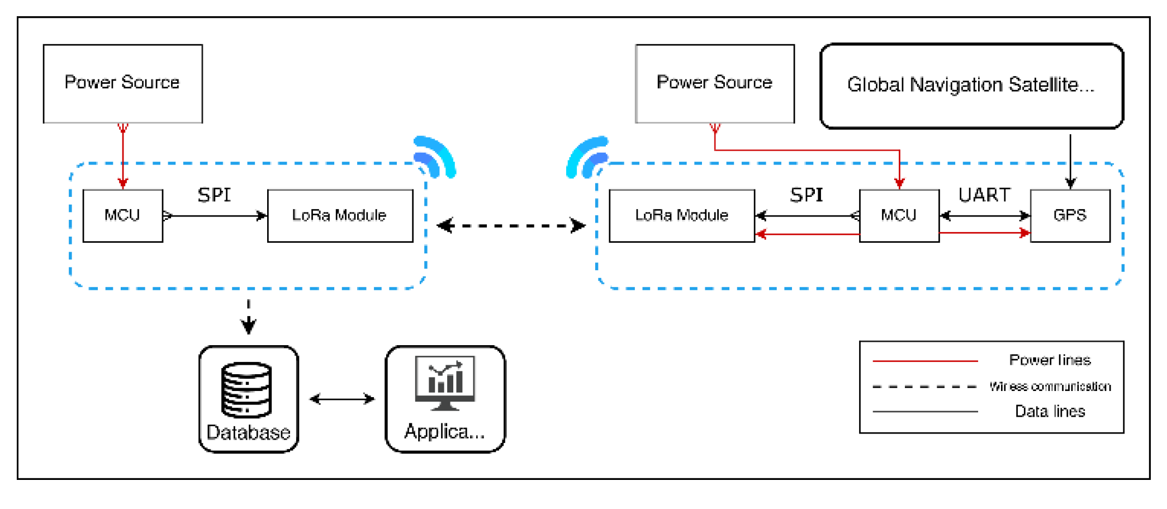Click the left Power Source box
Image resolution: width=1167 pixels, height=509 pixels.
tap(122, 83)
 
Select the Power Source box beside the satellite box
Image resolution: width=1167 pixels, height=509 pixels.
tap(714, 83)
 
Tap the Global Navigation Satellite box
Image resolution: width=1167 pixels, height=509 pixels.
tap(971, 86)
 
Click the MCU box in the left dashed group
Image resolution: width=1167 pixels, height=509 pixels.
tap(122, 215)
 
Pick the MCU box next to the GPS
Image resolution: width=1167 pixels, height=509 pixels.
tap(898, 215)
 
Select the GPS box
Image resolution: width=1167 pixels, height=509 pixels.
tap(1069, 215)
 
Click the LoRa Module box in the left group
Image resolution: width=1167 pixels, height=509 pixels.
tap(339, 215)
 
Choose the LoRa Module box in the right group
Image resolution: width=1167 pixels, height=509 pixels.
tap(681, 215)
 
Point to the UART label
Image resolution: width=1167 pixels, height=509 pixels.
tap(984, 195)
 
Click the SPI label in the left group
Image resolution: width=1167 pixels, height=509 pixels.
tap(214, 195)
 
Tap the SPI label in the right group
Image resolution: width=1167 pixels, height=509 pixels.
tap(806, 195)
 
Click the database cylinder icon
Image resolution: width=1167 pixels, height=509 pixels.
tap(246, 390)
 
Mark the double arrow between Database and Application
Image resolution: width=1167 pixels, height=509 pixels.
tap(342, 399)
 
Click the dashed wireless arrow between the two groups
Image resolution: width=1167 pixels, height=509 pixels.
tap(511, 226)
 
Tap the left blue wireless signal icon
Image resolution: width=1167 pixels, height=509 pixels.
tap(435, 157)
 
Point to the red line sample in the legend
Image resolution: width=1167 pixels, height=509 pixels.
tap(925, 361)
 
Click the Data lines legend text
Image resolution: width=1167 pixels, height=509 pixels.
tap(1050, 412)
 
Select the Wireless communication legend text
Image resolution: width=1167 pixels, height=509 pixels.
tap(1050, 387)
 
